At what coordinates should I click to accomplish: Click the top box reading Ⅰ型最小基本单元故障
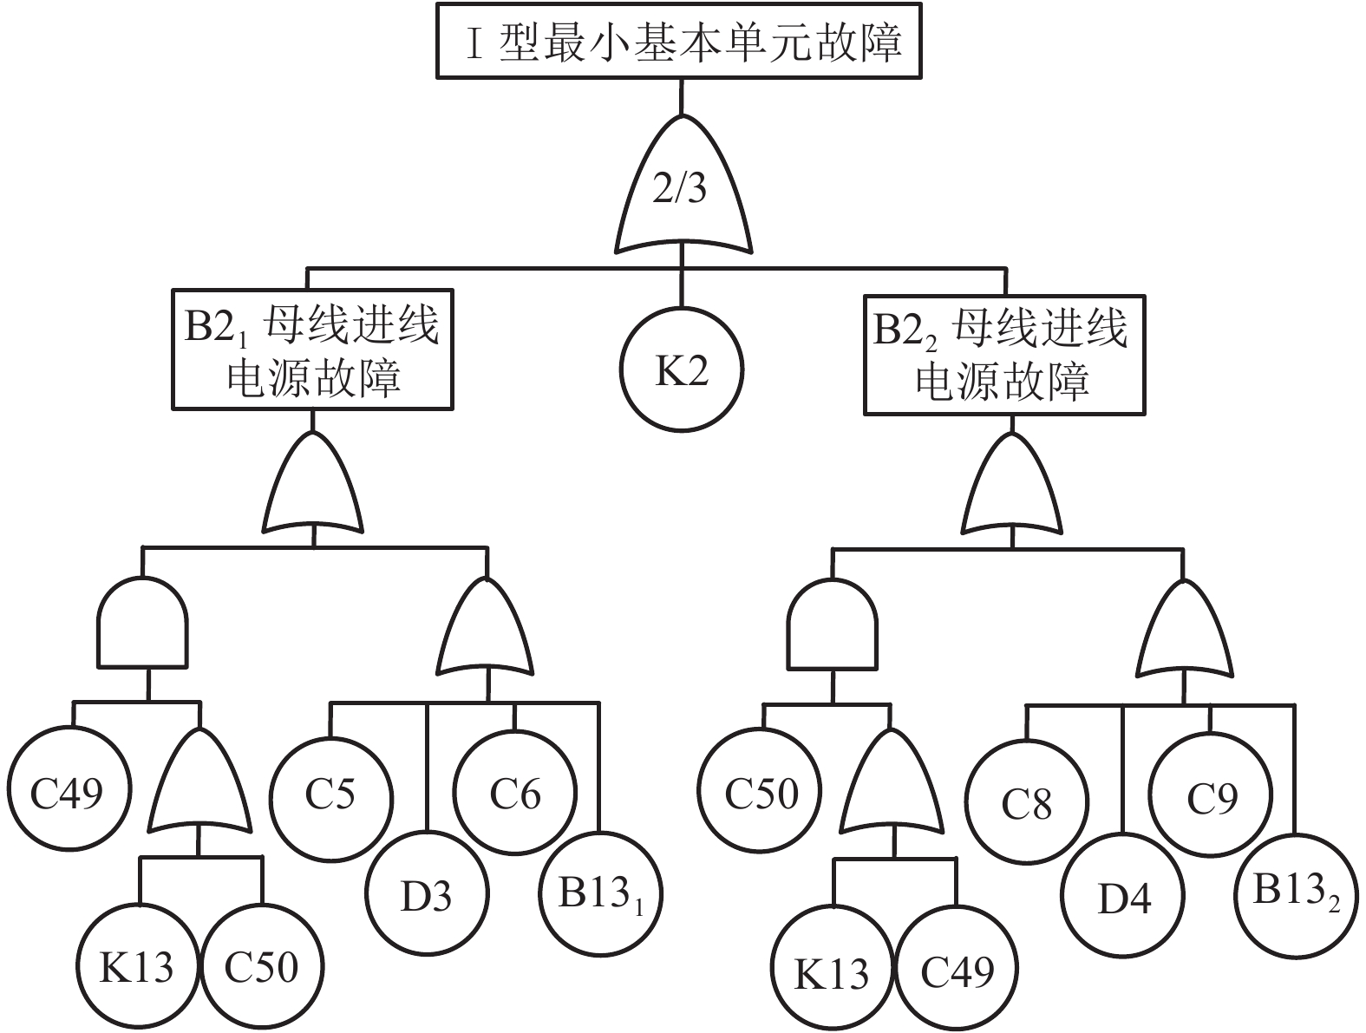pyautogui.click(x=678, y=42)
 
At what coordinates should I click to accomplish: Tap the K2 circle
pyautogui.click(x=681, y=370)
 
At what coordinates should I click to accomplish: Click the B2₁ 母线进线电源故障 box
pyautogui.click(x=312, y=349)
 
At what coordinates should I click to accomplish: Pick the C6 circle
pyautogui.click(x=515, y=794)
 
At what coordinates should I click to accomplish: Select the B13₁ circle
pyautogui.click(x=600, y=893)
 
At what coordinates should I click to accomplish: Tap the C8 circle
pyautogui.click(x=1027, y=804)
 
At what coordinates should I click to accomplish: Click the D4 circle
pyautogui.click(x=1124, y=898)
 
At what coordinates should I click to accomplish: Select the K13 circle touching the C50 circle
pyautogui.click(x=136, y=966)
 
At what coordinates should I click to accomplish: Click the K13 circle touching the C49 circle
pyautogui.click(x=833, y=971)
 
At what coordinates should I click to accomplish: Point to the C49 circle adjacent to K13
pyautogui.click(x=958, y=971)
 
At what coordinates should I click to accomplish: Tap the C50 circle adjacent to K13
pyautogui.click(x=261, y=966)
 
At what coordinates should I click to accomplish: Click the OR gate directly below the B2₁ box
pyautogui.click(x=313, y=486)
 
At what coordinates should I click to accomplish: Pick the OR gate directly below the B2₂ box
pyautogui.click(x=1010, y=487)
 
